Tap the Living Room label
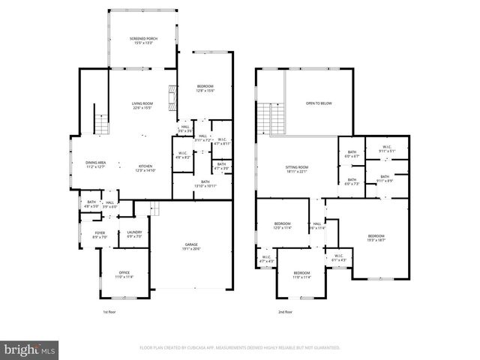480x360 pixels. (x=142, y=105)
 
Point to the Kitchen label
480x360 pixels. (x=145, y=167)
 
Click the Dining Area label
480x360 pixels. (x=95, y=164)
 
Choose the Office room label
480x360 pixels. (x=125, y=274)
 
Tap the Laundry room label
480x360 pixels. (x=135, y=235)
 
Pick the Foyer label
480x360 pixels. (x=100, y=235)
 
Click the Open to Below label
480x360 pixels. (x=318, y=103)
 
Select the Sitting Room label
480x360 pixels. (x=298, y=169)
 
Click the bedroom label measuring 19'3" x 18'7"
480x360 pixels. (x=376, y=238)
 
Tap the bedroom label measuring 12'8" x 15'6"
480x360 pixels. (x=205, y=88)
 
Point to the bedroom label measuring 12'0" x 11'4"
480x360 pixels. (x=283, y=226)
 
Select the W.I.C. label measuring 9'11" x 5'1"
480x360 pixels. (x=387, y=148)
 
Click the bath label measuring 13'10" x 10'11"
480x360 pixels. (x=205, y=183)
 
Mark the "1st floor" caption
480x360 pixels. (x=109, y=311)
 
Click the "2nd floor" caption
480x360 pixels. (x=284, y=311)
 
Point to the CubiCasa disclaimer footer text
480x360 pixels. (x=240, y=348)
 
